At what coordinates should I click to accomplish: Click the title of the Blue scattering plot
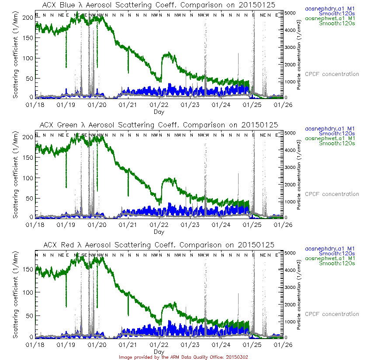tap(159, 5)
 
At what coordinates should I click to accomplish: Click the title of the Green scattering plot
tap(159, 125)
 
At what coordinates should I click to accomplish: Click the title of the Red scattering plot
tap(159, 245)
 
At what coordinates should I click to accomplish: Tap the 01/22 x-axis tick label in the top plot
tap(159, 105)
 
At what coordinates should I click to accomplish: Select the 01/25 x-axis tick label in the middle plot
tap(253, 225)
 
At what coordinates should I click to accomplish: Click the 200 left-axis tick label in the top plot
tap(28, 17)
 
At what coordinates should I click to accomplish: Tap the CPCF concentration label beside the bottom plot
tap(332, 314)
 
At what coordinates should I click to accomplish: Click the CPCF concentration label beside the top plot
tap(332, 74)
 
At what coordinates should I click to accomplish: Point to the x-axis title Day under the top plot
tap(159, 112)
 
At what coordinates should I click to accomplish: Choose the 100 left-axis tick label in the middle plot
tap(28, 178)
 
